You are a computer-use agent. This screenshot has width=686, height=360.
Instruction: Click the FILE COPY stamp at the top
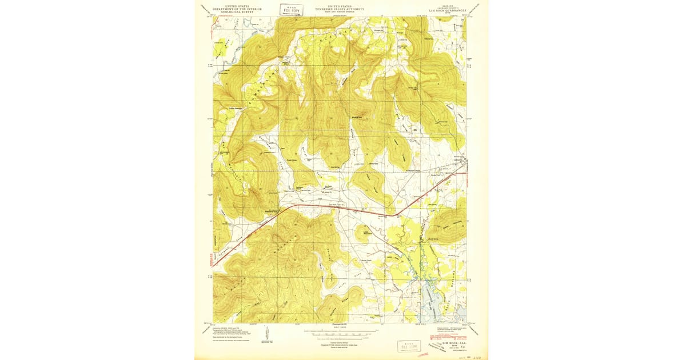point(291,9)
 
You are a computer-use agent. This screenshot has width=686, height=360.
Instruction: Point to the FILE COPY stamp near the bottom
point(409,346)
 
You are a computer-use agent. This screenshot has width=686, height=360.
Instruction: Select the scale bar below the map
point(341,332)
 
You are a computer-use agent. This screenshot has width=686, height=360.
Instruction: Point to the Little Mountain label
point(364,232)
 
